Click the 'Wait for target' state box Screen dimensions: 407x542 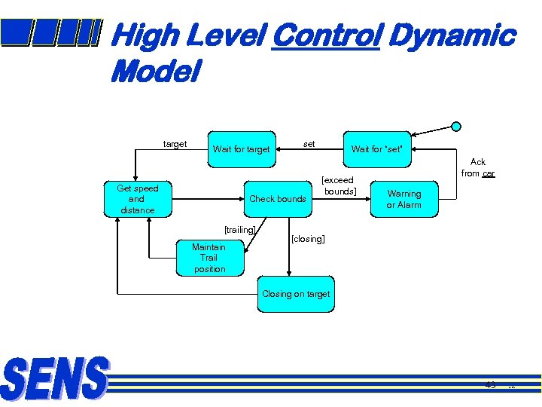241,148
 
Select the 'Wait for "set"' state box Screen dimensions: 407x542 376,148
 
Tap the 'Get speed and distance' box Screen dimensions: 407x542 137,199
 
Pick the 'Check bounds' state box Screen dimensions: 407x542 277,199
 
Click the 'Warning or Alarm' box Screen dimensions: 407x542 403,199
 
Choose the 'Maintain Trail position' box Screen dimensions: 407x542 209,258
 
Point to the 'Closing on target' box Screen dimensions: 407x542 295,294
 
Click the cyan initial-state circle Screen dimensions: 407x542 456,127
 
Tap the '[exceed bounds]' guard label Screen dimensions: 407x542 339,185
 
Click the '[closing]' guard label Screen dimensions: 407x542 308,239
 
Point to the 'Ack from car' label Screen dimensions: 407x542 478,167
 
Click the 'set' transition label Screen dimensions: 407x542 309,143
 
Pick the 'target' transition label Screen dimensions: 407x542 175,144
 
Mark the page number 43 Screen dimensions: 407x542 491,385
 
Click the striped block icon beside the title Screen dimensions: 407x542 50,32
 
